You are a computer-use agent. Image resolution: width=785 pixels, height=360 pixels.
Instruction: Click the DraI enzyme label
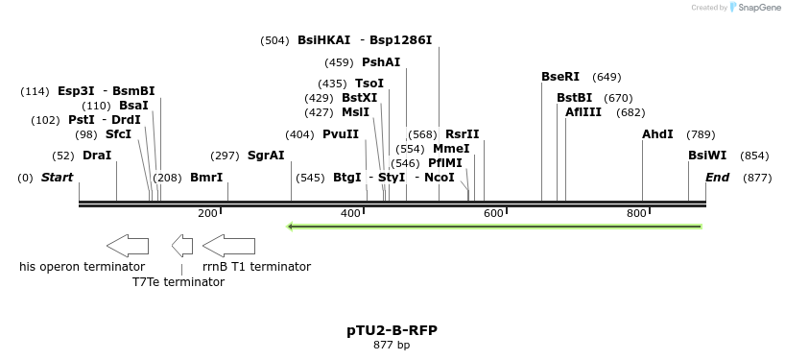tap(97, 156)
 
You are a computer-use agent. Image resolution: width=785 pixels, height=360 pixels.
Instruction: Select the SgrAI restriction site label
tap(266, 156)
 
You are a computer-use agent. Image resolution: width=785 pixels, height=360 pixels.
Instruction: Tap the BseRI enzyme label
tap(560, 77)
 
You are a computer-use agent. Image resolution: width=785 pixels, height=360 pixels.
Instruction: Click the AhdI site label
tap(657, 134)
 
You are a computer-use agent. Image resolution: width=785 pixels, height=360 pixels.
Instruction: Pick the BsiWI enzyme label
tap(707, 156)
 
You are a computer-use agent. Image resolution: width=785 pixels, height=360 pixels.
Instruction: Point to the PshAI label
tap(381, 62)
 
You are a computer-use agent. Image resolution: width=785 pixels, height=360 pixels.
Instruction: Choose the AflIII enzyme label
tap(583, 112)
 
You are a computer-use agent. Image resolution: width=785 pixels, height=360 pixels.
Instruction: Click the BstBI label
tap(575, 98)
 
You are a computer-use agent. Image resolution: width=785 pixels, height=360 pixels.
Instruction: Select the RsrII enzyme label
tap(463, 134)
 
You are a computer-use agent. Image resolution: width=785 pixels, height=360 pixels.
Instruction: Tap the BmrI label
tap(206, 178)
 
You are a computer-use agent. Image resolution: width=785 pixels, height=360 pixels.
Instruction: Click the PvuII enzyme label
tap(341, 134)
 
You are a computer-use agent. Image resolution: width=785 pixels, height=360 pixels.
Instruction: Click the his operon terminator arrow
tap(128, 245)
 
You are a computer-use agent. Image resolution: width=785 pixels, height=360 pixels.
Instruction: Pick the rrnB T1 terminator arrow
tap(228, 245)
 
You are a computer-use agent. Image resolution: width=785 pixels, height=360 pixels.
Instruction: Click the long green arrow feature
tap(494, 227)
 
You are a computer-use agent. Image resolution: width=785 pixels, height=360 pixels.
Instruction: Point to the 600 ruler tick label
tap(494, 213)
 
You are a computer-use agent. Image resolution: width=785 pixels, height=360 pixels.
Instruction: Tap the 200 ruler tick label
tap(207, 213)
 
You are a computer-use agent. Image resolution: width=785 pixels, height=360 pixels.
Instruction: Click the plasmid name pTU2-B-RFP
tap(392, 330)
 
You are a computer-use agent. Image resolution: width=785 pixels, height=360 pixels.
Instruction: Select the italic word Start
tap(58, 178)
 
